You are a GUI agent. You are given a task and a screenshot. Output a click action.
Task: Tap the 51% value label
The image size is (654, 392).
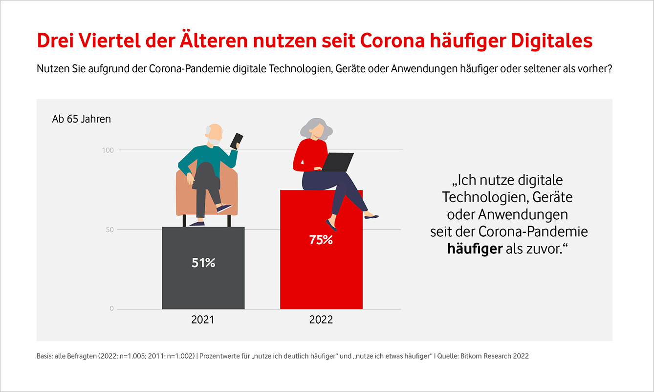203,263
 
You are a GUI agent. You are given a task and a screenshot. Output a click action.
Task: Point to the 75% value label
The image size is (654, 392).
321,240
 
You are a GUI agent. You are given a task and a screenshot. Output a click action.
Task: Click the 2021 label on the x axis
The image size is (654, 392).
203,320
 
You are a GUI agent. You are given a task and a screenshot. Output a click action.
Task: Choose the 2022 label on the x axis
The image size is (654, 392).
321,320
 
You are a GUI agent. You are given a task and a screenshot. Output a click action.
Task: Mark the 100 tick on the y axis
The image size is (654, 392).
108,150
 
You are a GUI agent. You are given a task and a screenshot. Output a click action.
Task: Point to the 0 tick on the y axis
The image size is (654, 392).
111,309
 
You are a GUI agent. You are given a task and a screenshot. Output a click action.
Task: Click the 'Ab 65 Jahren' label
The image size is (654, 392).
81,119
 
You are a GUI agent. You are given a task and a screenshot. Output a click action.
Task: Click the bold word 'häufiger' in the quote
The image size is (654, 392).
475,248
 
